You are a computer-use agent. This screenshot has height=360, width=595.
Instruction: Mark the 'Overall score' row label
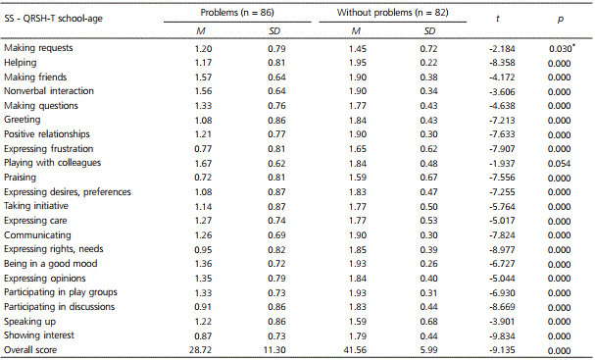pos(31,348)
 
